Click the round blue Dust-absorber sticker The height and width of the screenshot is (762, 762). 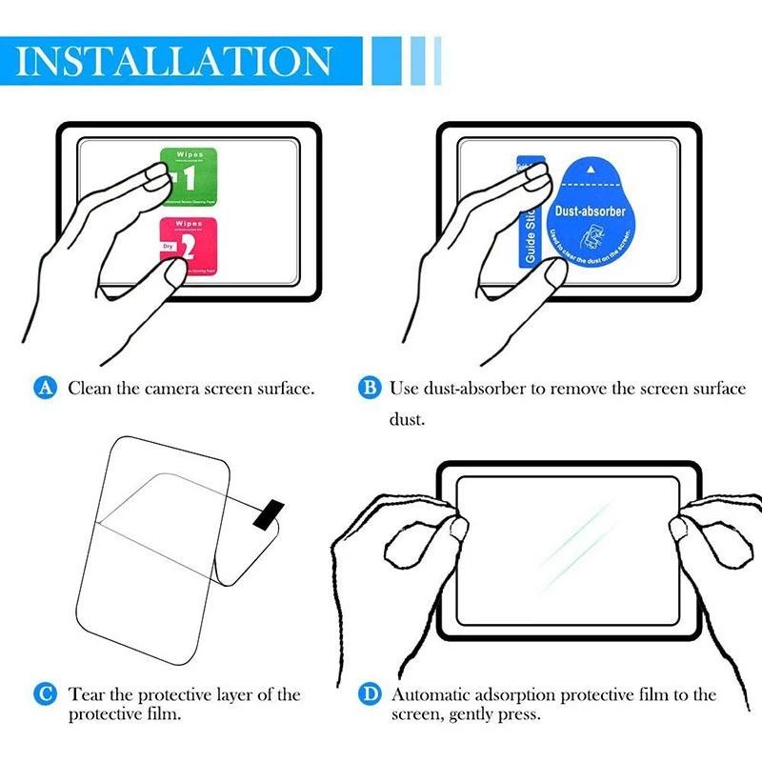click(x=591, y=215)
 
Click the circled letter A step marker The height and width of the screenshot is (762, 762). click(x=44, y=388)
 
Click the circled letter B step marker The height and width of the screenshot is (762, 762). click(x=368, y=388)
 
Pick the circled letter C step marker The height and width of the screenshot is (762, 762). click(x=44, y=694)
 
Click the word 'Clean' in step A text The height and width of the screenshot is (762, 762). click(x=90, y=388)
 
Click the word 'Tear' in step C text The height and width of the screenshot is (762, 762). click(x=87, y=694)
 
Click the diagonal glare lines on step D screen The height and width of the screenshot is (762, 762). click(x=576, y=539)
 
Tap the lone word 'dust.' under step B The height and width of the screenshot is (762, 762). click(x=407, y=418)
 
